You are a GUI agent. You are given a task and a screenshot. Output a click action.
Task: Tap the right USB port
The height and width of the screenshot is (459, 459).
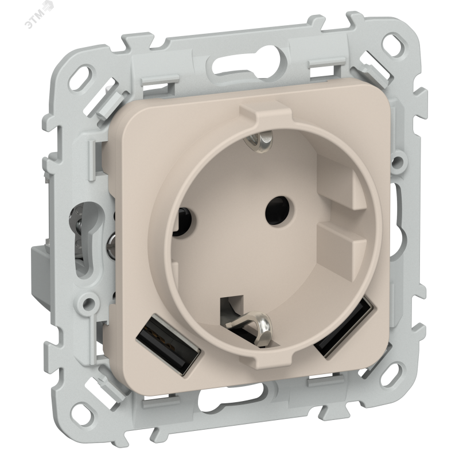(344, 327)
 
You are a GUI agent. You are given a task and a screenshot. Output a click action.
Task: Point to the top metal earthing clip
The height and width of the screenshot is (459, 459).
(259, 139)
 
